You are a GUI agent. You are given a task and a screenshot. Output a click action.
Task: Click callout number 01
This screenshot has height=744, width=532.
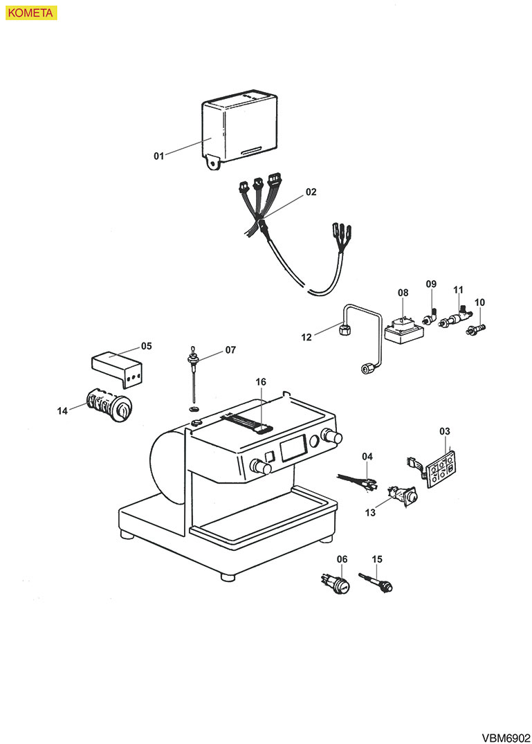(x=159, y=156)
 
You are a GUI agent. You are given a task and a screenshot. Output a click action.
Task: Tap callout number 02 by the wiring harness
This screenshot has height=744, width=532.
(x=311, y=192)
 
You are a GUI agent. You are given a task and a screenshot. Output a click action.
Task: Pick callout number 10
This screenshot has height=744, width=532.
(x=480, y=302)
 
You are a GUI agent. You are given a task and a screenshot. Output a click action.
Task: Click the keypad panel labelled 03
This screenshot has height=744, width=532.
(x=441, y=471)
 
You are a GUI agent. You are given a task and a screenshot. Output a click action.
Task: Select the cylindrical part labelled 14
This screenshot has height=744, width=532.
(x=107, y=406)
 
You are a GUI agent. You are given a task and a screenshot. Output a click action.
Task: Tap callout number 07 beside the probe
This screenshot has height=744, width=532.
(x=230, y=350)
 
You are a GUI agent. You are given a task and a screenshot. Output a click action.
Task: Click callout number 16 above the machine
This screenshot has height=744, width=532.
(x=261, y=381)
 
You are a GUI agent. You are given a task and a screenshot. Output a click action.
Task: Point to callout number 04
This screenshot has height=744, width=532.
(x=367, y=457)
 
